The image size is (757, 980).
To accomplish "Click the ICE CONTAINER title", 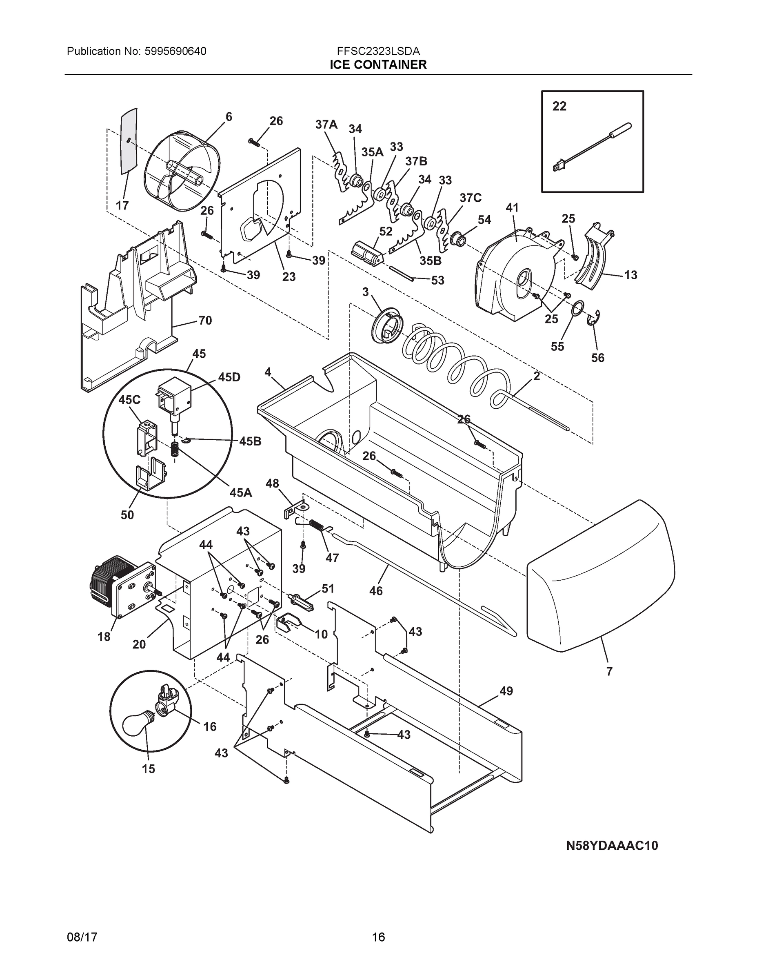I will [378, 65].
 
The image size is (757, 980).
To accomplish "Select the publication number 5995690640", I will [175, 51].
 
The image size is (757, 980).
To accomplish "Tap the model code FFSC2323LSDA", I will [378, 51].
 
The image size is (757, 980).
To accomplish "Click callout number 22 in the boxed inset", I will [559, 106].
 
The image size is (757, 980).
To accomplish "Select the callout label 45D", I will [229, 377].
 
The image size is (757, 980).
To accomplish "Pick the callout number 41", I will [512, 208].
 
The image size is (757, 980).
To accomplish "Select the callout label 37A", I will [326, 124].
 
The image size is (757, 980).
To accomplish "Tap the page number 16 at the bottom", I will [378, 937].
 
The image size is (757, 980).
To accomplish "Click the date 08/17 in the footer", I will [82, 937].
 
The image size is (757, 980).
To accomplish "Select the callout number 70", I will [205, 321].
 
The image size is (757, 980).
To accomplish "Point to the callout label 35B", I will [430, 261].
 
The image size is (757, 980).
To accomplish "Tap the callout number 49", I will [506, 691].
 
